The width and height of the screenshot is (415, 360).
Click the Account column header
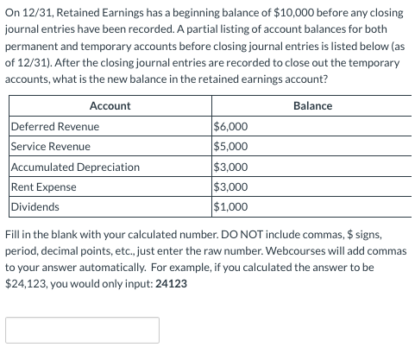click(110, 105)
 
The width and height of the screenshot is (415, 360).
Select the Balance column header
click(312, 105)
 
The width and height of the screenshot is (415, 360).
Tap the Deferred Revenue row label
click(55, 126)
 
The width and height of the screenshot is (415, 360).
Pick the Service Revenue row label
click(53, 146)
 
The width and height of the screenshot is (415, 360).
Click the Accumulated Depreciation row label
click(75, 167)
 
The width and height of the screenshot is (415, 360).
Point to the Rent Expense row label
click(44, 186)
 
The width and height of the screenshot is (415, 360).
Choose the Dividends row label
click(35, 207)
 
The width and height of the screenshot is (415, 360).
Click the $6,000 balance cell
click(230, 126)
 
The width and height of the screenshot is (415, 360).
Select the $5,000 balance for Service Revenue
click(230, 146)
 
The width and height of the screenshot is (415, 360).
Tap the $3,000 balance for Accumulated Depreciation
click(230, 167)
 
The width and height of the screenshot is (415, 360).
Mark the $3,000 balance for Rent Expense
click(230, 186)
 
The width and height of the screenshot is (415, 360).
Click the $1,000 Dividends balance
click(230, 207)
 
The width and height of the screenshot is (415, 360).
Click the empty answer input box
click(83, 330)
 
